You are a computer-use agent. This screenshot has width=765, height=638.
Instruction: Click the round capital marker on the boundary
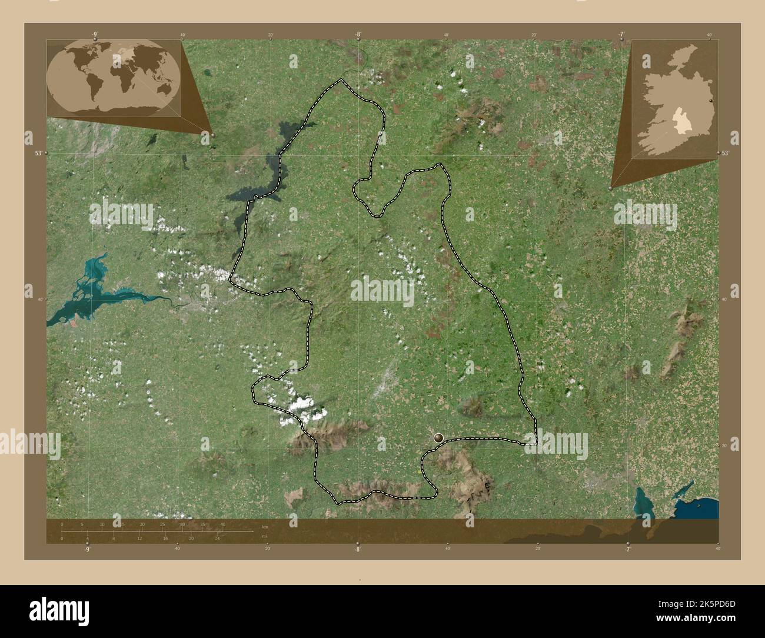(x=438, y=437)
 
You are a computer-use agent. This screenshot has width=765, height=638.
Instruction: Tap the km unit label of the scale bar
(x=265, y=526)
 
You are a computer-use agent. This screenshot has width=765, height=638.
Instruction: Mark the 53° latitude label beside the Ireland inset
(x=726, y=153)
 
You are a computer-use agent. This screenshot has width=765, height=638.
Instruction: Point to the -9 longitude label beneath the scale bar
(x=87, y=549)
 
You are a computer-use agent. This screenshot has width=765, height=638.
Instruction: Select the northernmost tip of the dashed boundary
(x=341, y=80)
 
